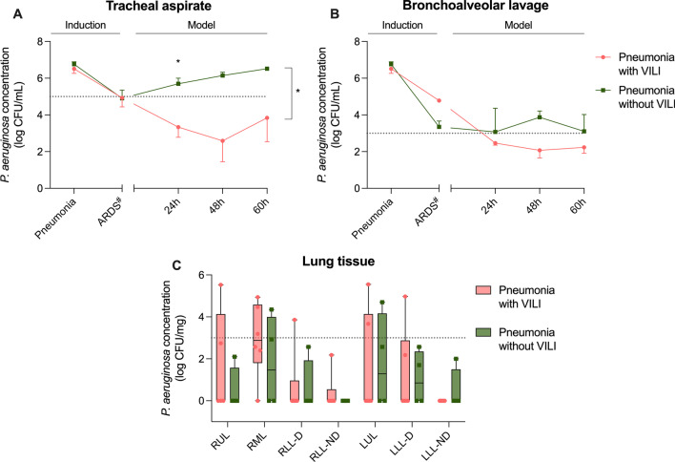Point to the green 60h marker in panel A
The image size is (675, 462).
(x=267, y=69)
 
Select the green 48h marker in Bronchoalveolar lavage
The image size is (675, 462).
(x=540, y=116)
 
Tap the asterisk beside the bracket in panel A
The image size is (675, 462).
(x=298, y=93)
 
